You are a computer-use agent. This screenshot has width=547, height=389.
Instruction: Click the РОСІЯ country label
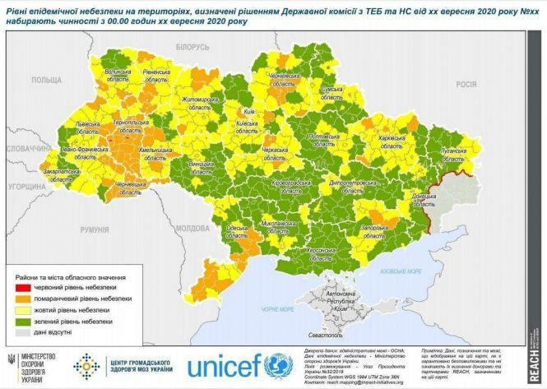466,84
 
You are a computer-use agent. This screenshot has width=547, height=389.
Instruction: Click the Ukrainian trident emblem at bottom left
11,363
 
